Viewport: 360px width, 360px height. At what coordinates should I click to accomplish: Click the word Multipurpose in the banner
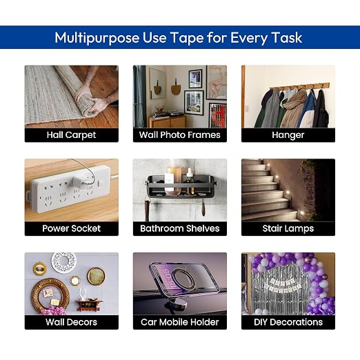(97, 38)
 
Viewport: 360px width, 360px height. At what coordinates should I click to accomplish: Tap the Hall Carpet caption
(71, 135)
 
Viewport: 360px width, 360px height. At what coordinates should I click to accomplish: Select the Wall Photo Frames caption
(180, 135)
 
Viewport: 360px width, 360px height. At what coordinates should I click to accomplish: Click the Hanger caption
(288, 135)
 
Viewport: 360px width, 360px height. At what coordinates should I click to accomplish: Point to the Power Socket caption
(72, 228)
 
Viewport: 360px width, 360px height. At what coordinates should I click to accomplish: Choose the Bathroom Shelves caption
(180, 228)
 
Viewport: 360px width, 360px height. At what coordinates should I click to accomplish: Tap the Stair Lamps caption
(288, 229)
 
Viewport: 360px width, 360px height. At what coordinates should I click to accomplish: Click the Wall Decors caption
(71, 322)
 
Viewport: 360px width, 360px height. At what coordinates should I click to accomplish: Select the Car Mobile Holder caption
(180, 322)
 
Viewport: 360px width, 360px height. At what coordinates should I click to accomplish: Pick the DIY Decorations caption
(288, 322)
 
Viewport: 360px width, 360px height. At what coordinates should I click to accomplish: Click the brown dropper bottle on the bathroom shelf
(190, 181)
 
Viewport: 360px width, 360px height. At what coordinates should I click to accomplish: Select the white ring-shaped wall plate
(63, 262)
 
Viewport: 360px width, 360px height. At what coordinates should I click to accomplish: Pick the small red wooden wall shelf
(90, 304)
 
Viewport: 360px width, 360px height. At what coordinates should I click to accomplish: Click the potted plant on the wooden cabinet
(159, 109)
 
